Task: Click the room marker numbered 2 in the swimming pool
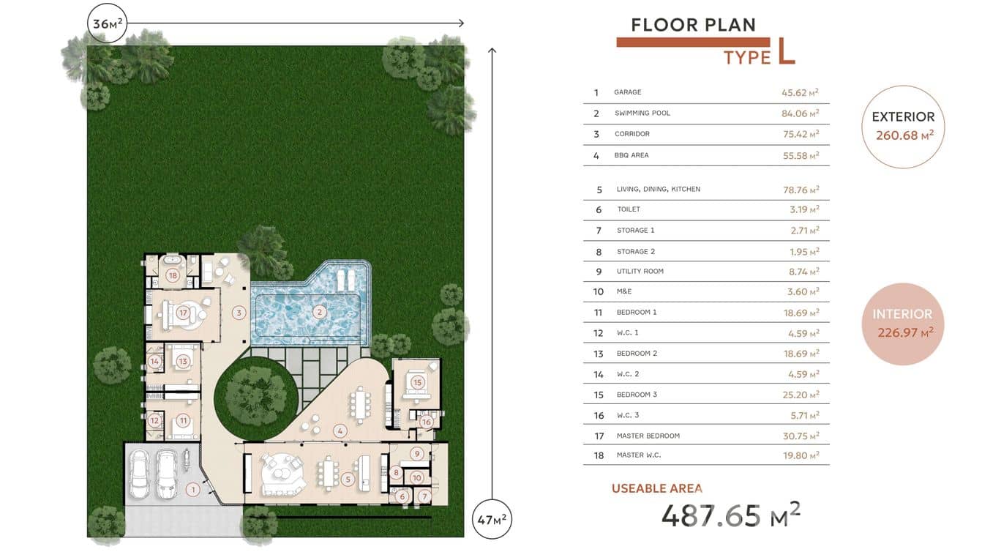(319, 312)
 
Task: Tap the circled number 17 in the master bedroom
(183, 313)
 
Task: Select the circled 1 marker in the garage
(193, 490)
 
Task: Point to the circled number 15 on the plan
(417, 382)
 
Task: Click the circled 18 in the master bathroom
(173, 275)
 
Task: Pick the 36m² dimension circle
(108, 23)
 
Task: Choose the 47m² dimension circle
(492, 519)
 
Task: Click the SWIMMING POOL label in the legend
(642, 113)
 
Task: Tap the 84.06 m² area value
(800, 113)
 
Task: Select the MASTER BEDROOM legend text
(648, 436)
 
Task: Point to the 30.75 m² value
(801, 436)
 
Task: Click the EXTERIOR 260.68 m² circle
(903, 127)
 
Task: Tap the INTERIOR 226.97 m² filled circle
(903, 324)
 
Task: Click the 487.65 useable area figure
(711, 515)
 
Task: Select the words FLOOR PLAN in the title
(694, 25)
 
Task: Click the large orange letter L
(786, 51)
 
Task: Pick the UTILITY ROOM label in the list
(640, 272)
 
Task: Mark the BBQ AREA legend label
(631, 155)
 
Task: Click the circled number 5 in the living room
(348, 480)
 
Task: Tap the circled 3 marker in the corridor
(239, 313)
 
